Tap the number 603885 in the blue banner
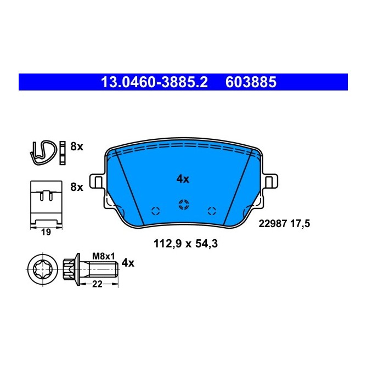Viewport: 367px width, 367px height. (250, 82)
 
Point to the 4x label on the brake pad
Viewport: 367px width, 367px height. (183, 179)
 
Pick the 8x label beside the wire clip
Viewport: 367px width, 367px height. (77, 146)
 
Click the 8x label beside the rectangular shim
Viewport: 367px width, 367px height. (77, 187)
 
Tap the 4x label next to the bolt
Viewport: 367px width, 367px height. (128, 263)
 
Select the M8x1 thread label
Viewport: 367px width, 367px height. (104, 256)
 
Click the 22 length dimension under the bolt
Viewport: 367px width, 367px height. (97, 283)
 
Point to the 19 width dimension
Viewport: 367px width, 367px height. (46, 233)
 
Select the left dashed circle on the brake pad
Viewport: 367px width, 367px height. (155, 210)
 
